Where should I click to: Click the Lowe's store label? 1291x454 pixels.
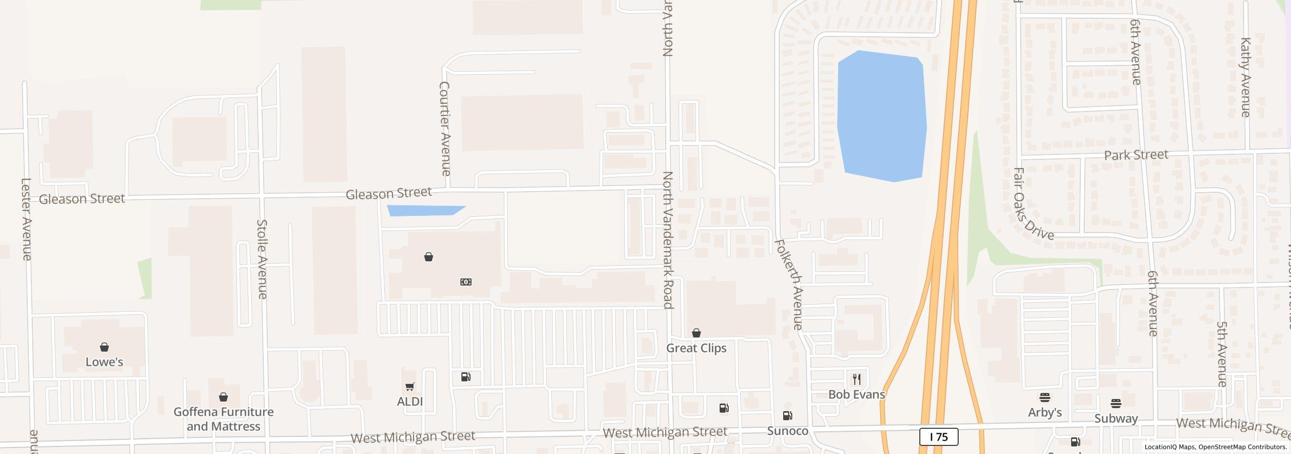[x=104, y=362]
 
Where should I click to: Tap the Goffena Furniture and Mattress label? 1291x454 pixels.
[x=223, y=419]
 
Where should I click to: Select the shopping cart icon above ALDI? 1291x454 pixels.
[x=410, y=387]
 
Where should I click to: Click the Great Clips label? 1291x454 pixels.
[x=696, y=348]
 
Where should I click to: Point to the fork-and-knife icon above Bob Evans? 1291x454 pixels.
[x=857, y=379]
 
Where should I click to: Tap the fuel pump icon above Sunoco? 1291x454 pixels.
[x=787, y=416]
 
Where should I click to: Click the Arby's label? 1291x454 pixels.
[x=1045, y=413]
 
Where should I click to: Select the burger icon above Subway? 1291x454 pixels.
[x=1116, y=404]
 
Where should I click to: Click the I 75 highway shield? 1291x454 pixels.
[x=938, y=437]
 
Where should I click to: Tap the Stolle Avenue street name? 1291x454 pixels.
[x=262, y=259]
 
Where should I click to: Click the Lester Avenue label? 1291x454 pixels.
[x=27, y=219]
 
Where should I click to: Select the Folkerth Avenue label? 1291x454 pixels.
[x=788, y=285]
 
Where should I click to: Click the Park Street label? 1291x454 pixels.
[x=1136, y=155]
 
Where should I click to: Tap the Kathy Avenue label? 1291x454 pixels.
[x=1245, y=77]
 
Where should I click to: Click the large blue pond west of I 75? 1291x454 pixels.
[x=882, y=116]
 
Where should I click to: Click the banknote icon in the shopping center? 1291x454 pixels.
[x=466, y=282]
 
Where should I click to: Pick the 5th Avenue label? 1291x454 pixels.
[x=1221, y=354]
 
